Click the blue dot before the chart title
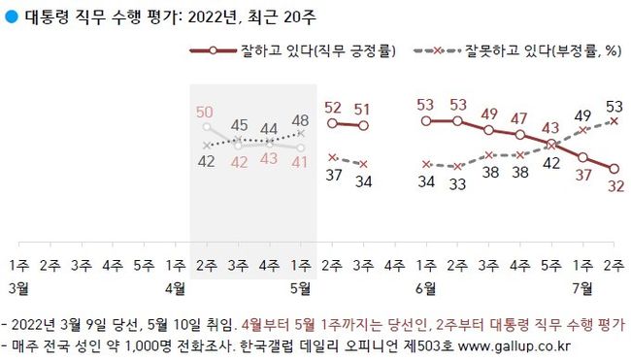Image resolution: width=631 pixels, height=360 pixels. (x=11, y=16)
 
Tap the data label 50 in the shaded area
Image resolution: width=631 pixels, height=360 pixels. (x=204, y=112)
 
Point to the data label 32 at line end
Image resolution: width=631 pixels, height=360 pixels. (x=615, y=187)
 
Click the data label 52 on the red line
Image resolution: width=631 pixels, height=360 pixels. (x=332, y=108)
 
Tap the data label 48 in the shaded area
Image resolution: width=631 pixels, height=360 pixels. (x=301, y=120)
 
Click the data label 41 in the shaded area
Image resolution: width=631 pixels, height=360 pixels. (x=301, y=162)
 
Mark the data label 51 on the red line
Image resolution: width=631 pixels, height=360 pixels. (x=363, y=110)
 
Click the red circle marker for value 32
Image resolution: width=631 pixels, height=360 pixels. (x=614, y=169)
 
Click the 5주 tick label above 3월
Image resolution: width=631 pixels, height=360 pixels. (x=144, y=264)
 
